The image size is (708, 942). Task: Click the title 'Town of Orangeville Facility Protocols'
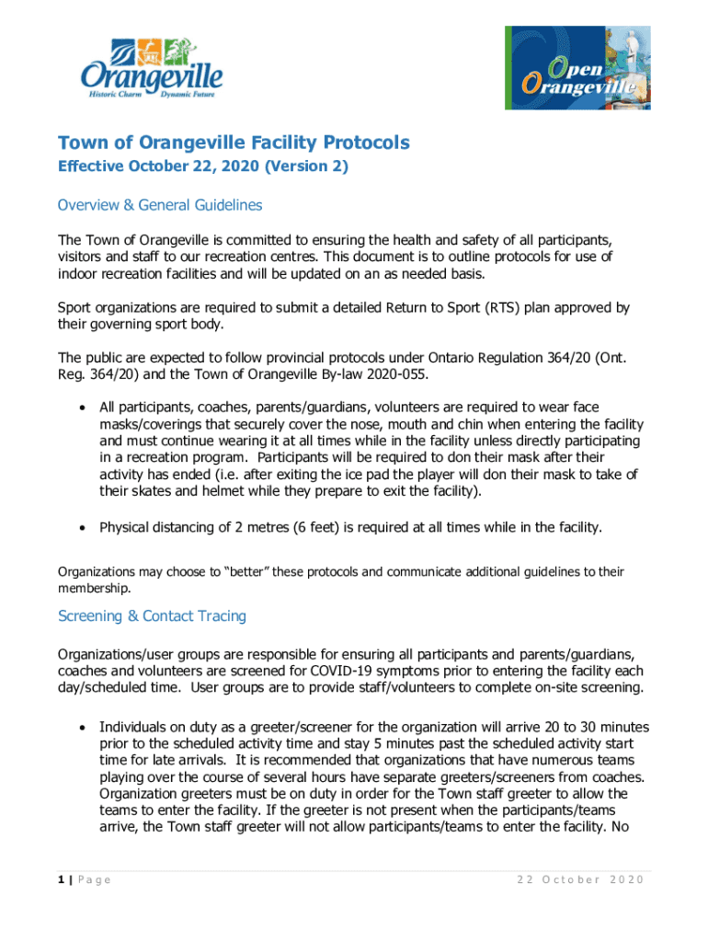click(234, 143)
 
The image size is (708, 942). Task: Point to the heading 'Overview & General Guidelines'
click(160, 205)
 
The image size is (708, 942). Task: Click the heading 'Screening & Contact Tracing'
click(152, 615)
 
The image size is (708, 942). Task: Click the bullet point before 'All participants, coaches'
click(84, 407)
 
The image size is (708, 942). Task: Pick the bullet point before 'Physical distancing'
click(84, 528)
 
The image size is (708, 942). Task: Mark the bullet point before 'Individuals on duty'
click(84, 727)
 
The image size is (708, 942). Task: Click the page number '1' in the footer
click(62, 880)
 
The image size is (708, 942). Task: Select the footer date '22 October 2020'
click(580, 880)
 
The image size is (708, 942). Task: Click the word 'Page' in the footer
click(95, 880)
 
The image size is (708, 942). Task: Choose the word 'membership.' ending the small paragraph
click(94, 589)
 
